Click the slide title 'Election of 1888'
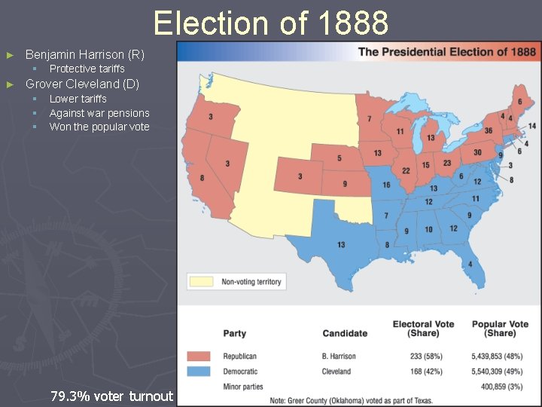coord(271,23)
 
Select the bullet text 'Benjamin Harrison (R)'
coord(85,54)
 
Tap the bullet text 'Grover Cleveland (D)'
coord(82,84)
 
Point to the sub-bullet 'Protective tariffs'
coord(87,69)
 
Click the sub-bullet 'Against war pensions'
coord(99,113)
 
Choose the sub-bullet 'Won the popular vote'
coord(99,127)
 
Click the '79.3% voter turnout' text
coord(111,396)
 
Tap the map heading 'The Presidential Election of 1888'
coord(447,52)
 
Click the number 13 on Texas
coord(341,244)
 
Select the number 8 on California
coord(202,178)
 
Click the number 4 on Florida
coord(470,264)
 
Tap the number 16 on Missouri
coord(386,185)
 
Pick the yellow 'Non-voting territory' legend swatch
coord(201,282)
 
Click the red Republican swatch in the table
coord(199,357)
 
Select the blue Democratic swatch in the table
coord(199,372)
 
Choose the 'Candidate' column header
coord(345,333)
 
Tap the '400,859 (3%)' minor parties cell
coord(504,387)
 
